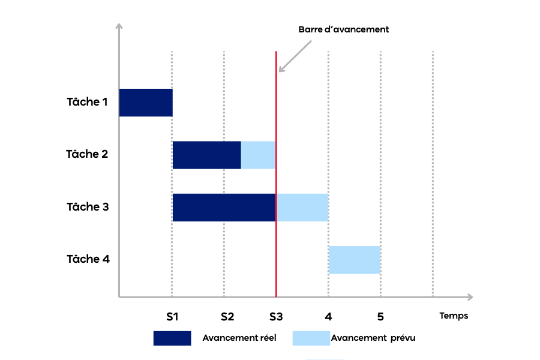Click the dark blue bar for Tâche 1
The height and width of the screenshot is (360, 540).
pos(146,103)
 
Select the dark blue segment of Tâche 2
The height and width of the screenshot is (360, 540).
pos(206,155)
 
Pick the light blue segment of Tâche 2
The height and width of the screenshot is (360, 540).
pos(258,155)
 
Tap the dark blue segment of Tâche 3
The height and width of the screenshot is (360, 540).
pos(224,207)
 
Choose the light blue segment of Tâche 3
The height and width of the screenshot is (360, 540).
pos(302,207)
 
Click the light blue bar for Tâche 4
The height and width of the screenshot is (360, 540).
pos(354,259)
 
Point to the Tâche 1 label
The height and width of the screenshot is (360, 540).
pos(87,102)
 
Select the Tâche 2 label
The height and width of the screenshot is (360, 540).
pos(87,154)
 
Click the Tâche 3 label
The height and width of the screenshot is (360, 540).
pos(87,207)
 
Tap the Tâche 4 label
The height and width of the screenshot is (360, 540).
pos(87,259)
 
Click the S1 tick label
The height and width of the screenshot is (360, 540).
pos(173,316)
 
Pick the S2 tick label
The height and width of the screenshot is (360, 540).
pos(227,316)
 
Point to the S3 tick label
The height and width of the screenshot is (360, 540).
pos(276,316)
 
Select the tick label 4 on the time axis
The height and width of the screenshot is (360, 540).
pos(328,316)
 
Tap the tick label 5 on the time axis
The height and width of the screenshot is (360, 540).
pos(380,316)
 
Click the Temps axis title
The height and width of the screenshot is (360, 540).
pos(454,316)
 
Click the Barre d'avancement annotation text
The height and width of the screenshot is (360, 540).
pos(344,29)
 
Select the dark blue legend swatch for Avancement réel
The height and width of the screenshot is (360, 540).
pos(172,338)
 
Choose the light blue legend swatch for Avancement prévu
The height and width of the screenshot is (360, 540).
pos(311,338)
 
